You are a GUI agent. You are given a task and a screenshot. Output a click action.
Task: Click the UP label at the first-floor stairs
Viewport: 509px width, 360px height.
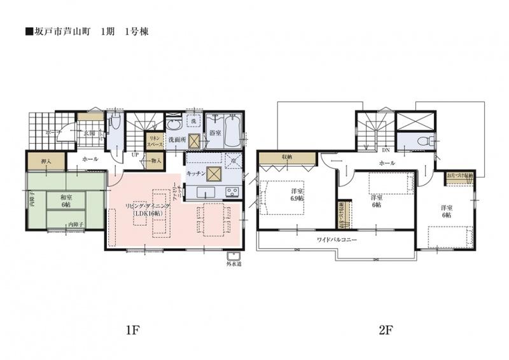pos(135,155)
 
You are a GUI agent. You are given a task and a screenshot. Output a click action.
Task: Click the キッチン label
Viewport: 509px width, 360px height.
pos(195,173)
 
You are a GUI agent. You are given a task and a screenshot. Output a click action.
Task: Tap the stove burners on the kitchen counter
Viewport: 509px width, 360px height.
pos(230,192)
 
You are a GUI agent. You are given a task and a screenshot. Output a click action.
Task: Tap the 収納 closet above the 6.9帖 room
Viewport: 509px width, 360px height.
pos(284,157)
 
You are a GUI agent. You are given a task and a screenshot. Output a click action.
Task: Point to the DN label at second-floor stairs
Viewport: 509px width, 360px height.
pos(386,151)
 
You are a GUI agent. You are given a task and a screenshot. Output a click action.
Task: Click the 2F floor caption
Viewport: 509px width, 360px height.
pos(386,330)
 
